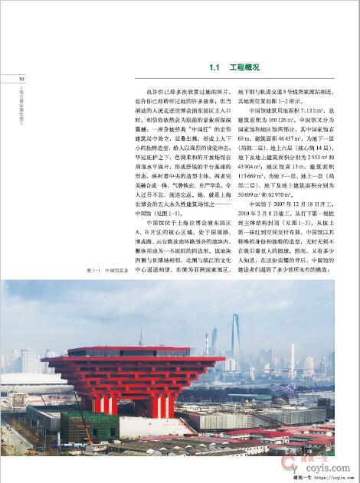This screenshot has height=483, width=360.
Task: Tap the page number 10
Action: click(21, 79)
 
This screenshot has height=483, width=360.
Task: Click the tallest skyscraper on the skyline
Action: click(234, 334)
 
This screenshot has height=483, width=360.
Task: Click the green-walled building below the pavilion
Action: click(89, 426)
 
